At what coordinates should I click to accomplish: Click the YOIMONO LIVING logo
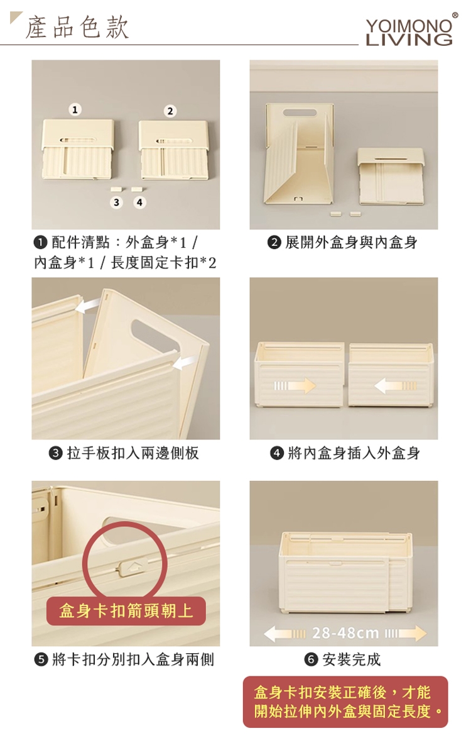click(x=409, y=31)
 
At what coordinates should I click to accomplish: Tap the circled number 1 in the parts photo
click(x=75, y=109)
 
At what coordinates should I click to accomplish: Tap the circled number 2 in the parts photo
click(x=170, y=111)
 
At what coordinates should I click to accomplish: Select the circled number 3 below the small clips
click(x=116, y=202)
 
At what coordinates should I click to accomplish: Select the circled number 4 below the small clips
click(x=139, y=202)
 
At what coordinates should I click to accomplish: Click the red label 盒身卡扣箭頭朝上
click(x=126, y=611)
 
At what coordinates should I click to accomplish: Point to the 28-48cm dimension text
click(x=345, y=633)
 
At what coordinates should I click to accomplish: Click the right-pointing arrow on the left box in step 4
click(x=295, y=386)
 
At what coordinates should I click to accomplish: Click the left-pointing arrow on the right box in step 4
click(x=396, y=386)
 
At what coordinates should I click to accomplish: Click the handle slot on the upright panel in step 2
click(x=300, y=113)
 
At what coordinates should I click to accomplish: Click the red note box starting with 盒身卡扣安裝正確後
click(x=345, y=702)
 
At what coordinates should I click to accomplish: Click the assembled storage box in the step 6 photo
click(x=345, y=573)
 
